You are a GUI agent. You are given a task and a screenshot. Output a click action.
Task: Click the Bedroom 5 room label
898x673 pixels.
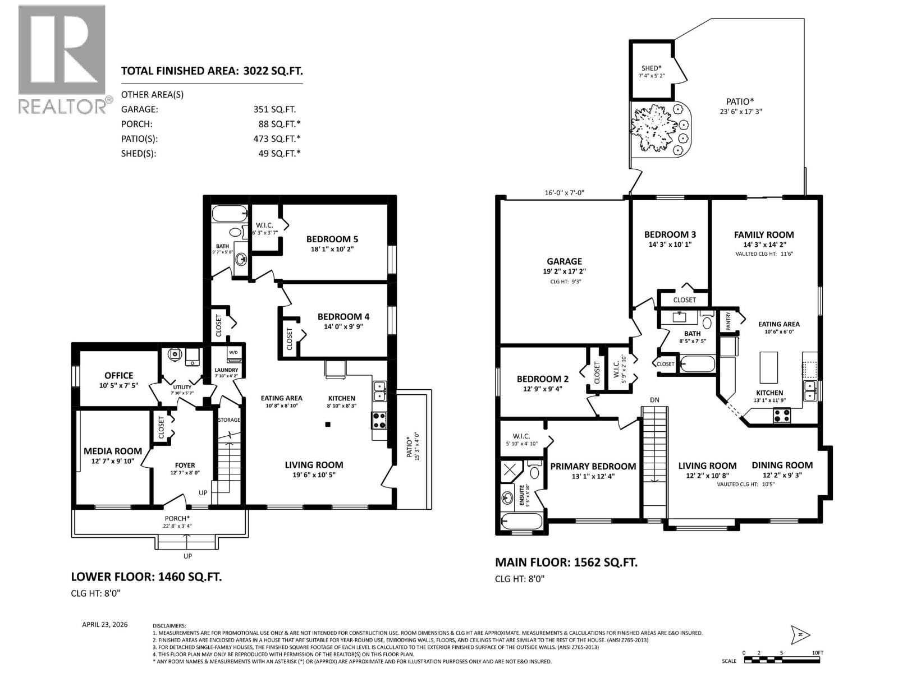332,239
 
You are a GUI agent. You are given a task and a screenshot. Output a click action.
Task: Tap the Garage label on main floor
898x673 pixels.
564,261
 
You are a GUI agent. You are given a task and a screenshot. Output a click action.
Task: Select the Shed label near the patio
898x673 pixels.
651,68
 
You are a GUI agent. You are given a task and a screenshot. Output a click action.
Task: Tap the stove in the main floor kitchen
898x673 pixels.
782,416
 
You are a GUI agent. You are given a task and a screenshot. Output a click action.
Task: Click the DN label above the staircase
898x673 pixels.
654,400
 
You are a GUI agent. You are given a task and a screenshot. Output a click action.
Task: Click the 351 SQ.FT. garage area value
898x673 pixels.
274,109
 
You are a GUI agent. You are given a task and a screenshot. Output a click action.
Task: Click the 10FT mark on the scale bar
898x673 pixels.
817,653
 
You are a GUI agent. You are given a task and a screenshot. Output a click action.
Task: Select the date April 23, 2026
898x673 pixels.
105,624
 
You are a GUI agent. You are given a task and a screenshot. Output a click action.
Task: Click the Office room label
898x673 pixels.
119,376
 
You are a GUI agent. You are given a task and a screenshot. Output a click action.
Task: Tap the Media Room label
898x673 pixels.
113,451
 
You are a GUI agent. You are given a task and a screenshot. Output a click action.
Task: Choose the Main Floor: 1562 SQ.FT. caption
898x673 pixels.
566,563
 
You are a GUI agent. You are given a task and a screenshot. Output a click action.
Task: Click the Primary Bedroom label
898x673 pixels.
593,467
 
